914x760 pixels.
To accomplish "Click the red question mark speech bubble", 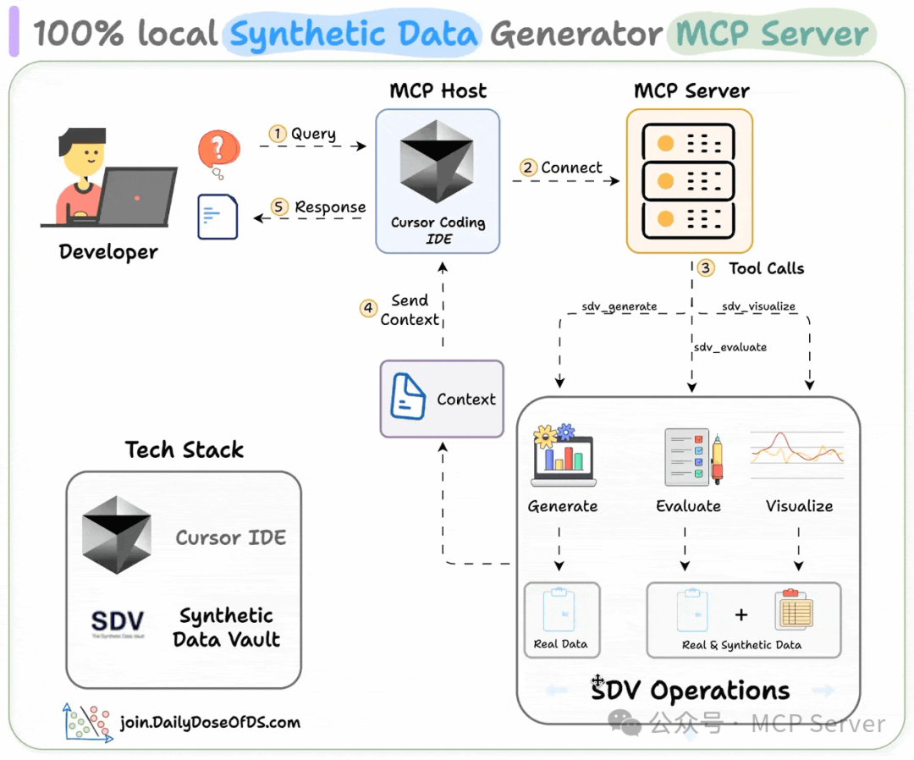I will coord(217,151).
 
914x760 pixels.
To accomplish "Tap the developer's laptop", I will coord(137,196).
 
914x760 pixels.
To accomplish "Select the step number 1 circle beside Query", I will coord(277,134).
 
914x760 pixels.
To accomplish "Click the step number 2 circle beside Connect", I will coord(528,168).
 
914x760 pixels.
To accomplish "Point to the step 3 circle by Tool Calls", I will coord(706,268).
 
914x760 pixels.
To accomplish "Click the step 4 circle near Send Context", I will coord(368,309).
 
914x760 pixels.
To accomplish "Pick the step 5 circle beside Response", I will coord(279,207).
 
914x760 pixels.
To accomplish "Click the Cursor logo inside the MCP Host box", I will coord(437,161).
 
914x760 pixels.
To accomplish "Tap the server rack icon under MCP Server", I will coord(689,181).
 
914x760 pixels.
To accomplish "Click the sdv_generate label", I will coord(619,306).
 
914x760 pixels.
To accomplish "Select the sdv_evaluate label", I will coord(730,347).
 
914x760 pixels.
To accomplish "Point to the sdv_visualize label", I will coord(758,306).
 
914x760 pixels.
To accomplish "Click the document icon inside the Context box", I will coord(408,398).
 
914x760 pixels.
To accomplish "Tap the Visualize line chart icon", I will coord(797,449).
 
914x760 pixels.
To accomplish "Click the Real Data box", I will coord(561,620).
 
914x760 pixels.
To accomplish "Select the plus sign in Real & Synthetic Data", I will coord(741,614).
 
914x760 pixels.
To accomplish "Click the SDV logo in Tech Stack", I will coord(118,625).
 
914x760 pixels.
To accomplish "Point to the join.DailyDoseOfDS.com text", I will coord(210,723).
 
